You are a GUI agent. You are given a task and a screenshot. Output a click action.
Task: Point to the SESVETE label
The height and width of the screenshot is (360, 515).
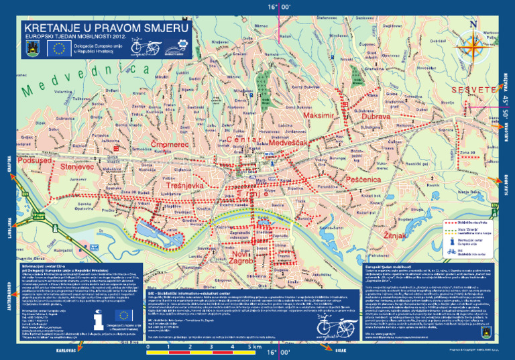pyautogui.click(x=472, y=90)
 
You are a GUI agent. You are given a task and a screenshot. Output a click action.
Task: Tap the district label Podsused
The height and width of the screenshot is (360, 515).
pyautogui.click(x=34, y=162)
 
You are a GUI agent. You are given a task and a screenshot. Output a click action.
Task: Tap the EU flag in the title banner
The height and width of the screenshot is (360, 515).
pyautogui.click(x=59, y=48)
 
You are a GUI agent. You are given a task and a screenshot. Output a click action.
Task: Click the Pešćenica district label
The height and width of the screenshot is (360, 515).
pyautogui.click(x=363, y=180)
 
